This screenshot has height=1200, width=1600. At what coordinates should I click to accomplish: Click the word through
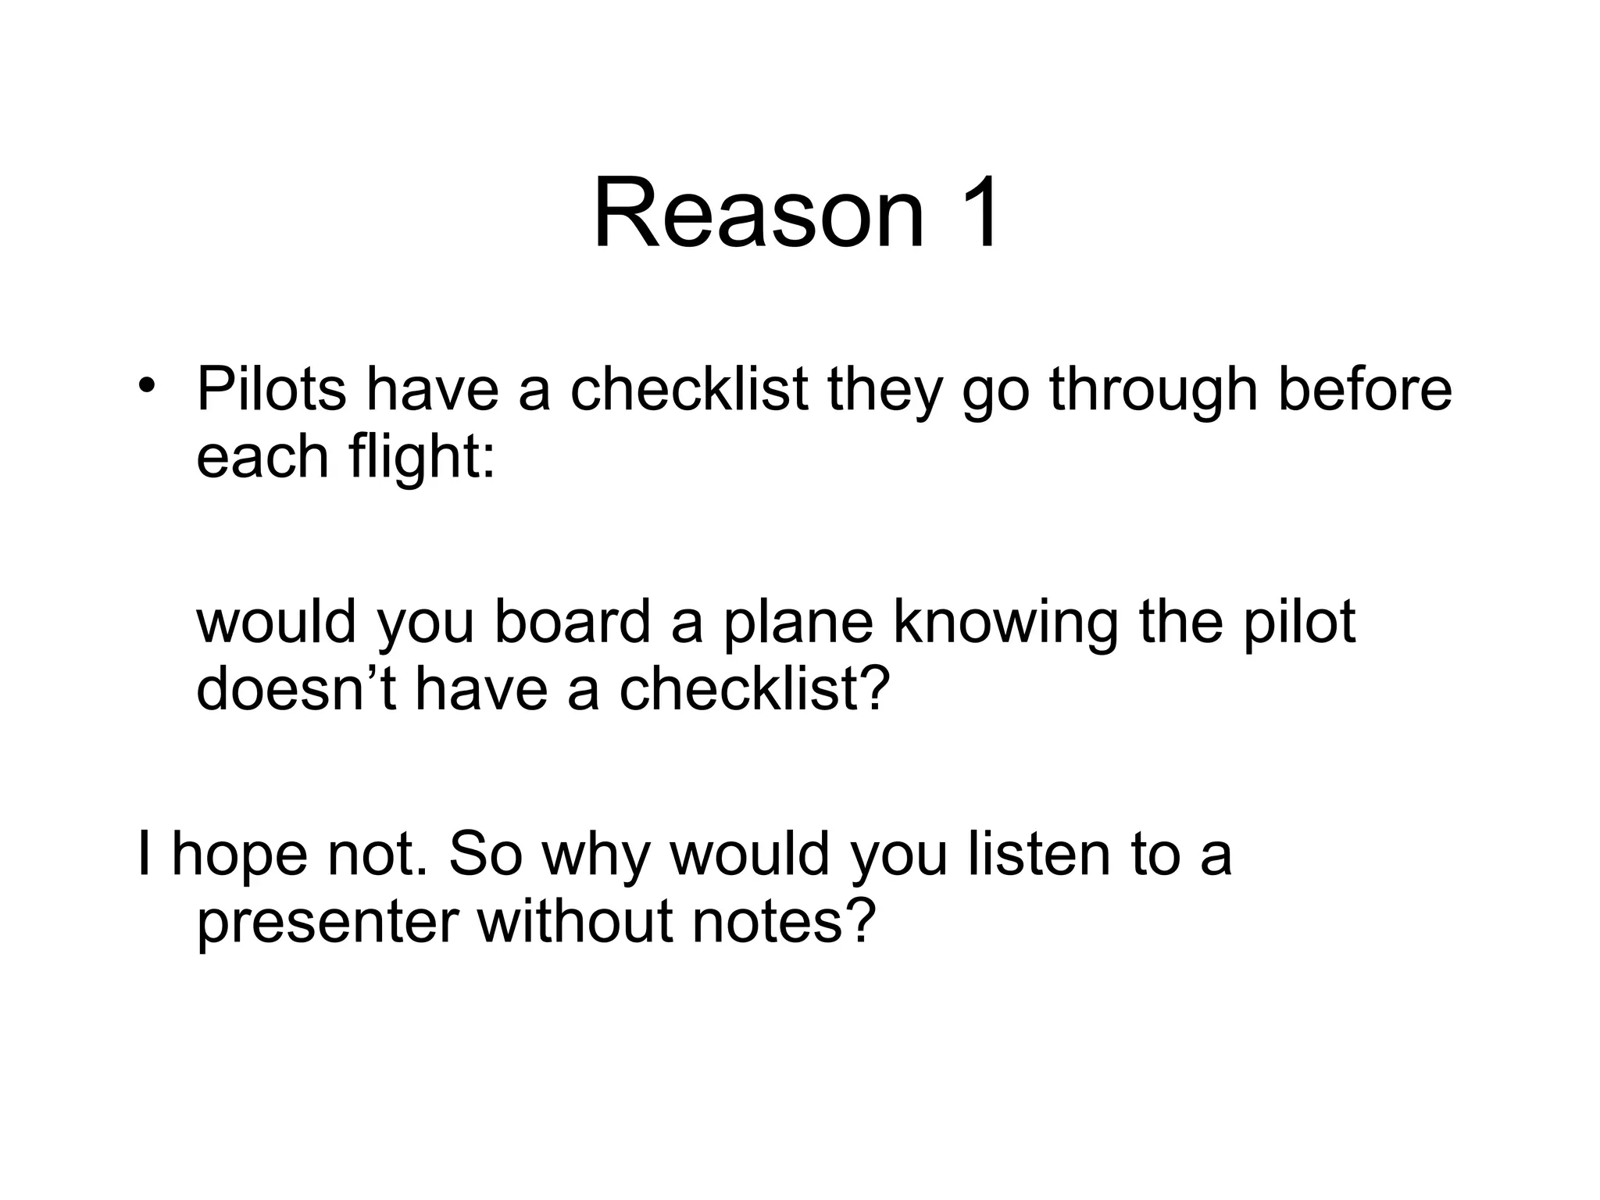(1153, 389)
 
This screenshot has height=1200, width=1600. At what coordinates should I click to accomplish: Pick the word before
(1364, 389)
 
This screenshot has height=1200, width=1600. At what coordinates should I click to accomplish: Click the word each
(262, 456)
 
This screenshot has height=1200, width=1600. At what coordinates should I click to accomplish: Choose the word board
(573, 622)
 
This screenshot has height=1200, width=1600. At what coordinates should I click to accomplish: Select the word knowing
(1005, 622)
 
